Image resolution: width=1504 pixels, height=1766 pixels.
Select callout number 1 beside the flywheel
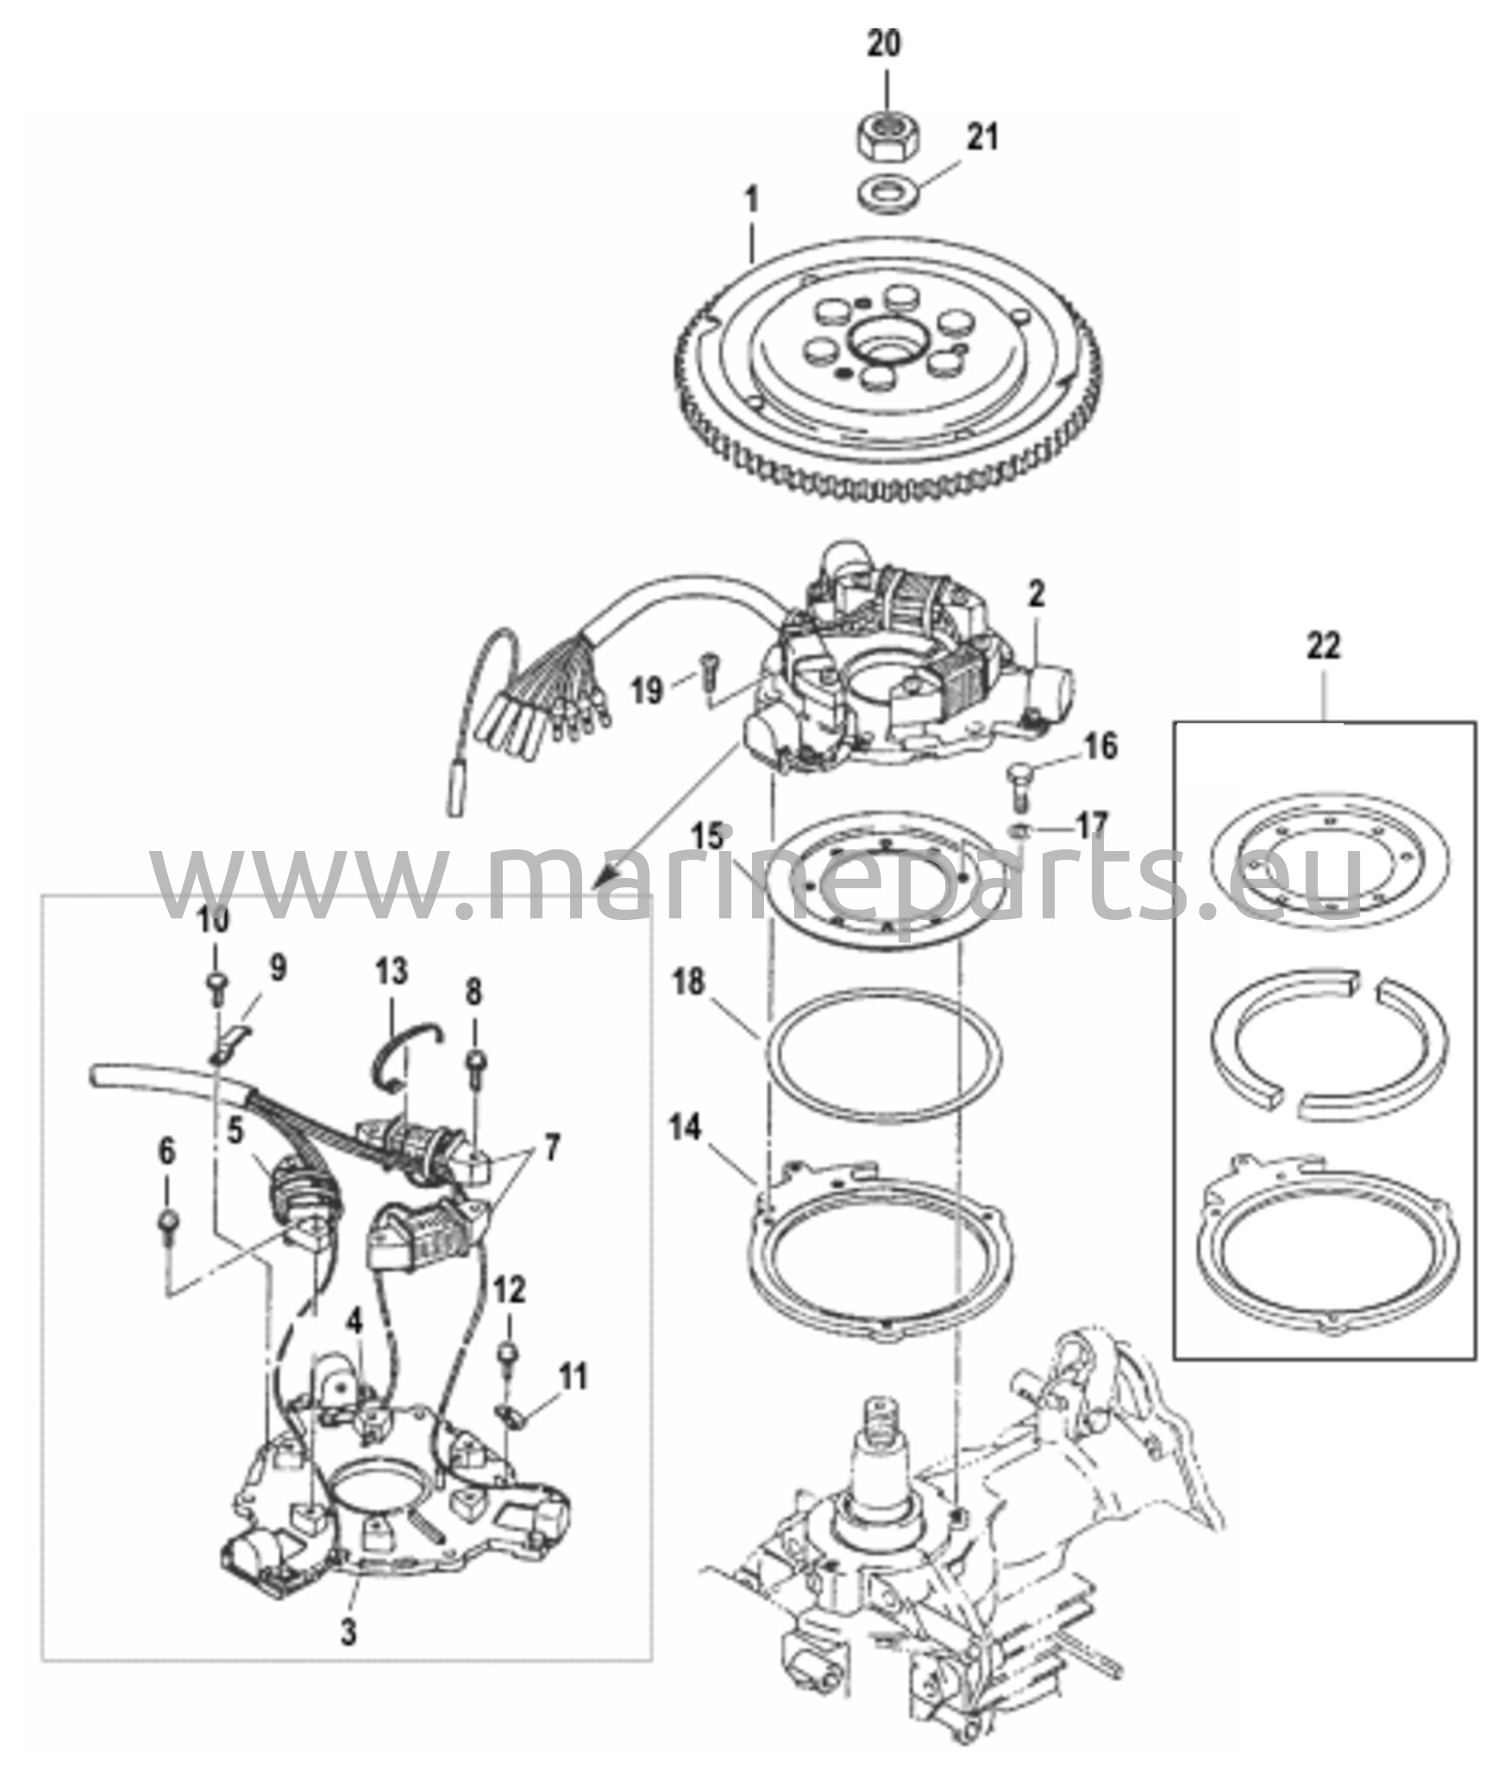752,202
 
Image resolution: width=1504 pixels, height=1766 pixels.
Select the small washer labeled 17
1020,830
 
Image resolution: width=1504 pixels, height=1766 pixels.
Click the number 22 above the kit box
1323,646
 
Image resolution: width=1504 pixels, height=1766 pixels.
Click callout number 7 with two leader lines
548,1149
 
